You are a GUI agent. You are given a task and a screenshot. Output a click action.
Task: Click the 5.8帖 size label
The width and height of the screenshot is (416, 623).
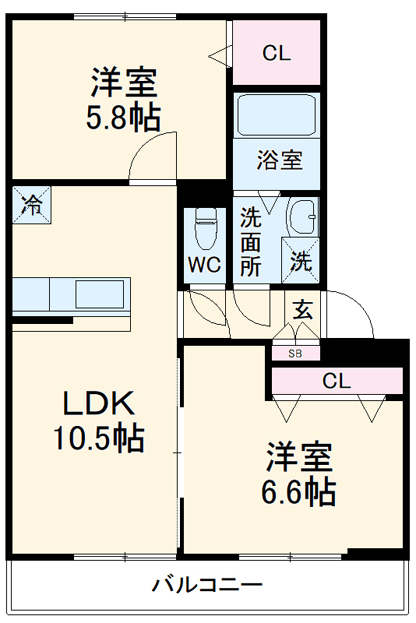click(124, 118)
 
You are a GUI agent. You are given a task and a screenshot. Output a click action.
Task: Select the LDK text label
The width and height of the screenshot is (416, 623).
click(99, 404)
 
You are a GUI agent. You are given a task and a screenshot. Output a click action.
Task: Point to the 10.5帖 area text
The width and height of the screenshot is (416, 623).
click(99, 439)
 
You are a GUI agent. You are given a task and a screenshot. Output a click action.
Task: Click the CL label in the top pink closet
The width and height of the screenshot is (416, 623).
click(276, 54)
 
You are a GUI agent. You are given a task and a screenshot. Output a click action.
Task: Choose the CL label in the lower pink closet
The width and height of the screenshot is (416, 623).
click(337, 382)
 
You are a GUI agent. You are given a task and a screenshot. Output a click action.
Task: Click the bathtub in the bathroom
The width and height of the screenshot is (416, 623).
click(277, 116)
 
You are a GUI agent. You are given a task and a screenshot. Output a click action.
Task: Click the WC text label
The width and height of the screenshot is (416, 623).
click(204, 265)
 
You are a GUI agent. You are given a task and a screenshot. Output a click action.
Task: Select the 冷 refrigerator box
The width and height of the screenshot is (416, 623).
click(32, 206)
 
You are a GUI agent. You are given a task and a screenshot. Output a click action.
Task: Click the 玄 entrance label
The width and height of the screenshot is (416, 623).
click(302, 309)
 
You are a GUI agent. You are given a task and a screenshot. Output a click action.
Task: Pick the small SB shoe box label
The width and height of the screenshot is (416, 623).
click(295, 354)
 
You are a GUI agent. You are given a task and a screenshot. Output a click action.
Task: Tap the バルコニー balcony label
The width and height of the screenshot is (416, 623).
click(207, 584)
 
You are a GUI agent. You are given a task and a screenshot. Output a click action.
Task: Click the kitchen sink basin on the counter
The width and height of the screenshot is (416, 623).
click(99, 294)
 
